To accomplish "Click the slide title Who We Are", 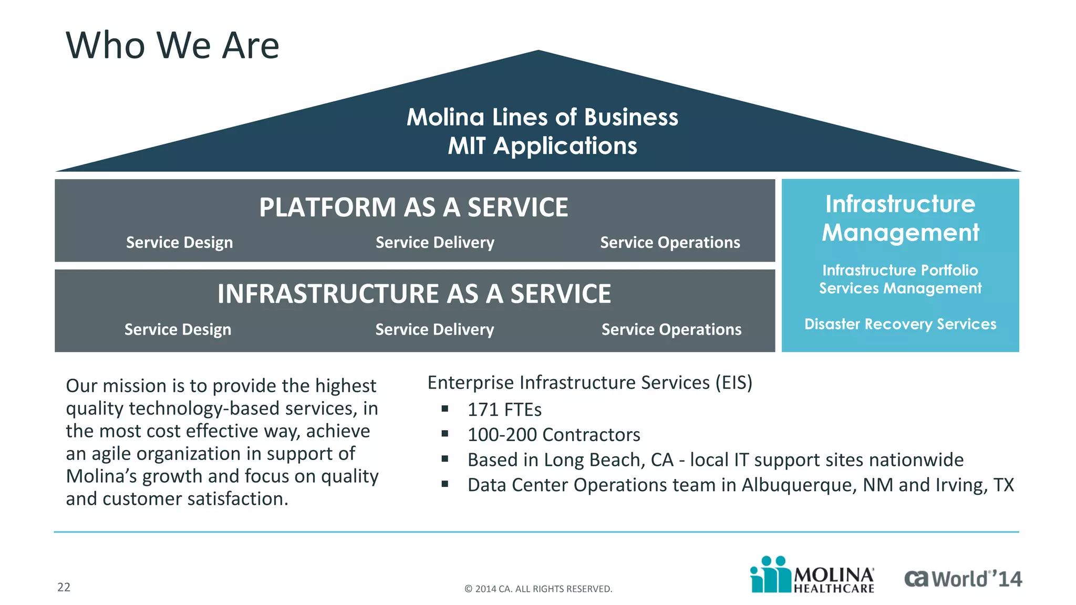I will tap(172, 45).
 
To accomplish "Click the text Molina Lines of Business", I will tap(542, 117).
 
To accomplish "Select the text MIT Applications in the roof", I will tap(542, 146).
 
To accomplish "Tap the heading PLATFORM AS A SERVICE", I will tap(413, 207).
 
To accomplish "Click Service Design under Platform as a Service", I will tap(179, 243).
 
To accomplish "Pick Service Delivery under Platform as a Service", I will tap(434, 243).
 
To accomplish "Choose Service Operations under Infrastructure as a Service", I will tap(671, 329).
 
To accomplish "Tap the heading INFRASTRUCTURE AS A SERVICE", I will tap(414, 294).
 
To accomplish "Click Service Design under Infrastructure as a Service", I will tap(178, 329).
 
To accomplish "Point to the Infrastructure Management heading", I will tap(900, 218).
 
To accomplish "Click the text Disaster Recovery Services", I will tap(900, 324).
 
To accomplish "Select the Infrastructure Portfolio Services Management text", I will tap(900, 279).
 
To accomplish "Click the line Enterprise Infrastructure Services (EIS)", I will tap(589, 382).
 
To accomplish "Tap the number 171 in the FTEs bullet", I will tap(482, 410).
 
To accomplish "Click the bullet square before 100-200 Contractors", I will tap(445, 434).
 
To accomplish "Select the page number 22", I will tap(64, 587).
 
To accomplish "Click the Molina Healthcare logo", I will tap(812, 576).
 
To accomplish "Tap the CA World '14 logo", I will tap(963, 579).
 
